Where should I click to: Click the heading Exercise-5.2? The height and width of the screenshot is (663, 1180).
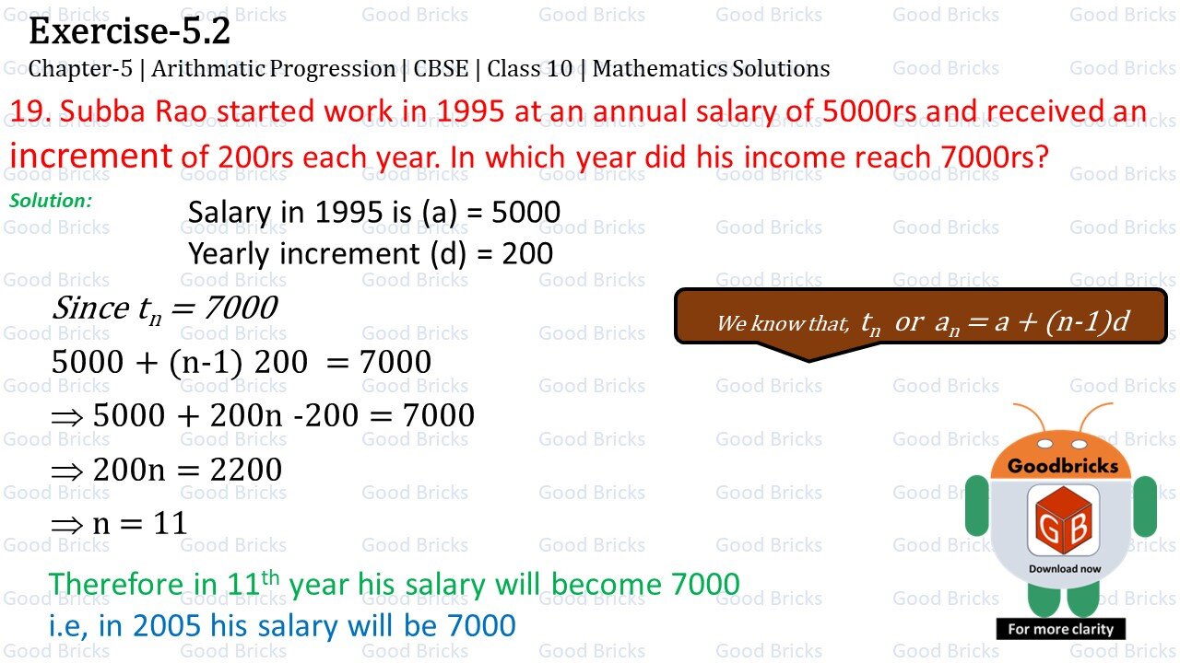point(129,32)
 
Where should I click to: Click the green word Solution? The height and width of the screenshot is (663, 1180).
point(51,200)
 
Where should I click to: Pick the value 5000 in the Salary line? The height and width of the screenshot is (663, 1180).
point(525,213)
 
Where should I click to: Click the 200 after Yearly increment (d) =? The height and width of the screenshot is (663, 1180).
point(527,253)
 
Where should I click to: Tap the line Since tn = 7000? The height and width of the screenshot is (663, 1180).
point(164,308)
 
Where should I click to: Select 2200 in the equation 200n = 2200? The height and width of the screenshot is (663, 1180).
point(245,470)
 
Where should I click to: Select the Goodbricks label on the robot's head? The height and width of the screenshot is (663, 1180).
point(1062,465)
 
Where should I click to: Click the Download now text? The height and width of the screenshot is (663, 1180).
point(1065,568)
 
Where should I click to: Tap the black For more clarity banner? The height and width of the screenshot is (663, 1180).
point(1060,629)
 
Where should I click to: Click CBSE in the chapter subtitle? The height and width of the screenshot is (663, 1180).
point(441,69)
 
